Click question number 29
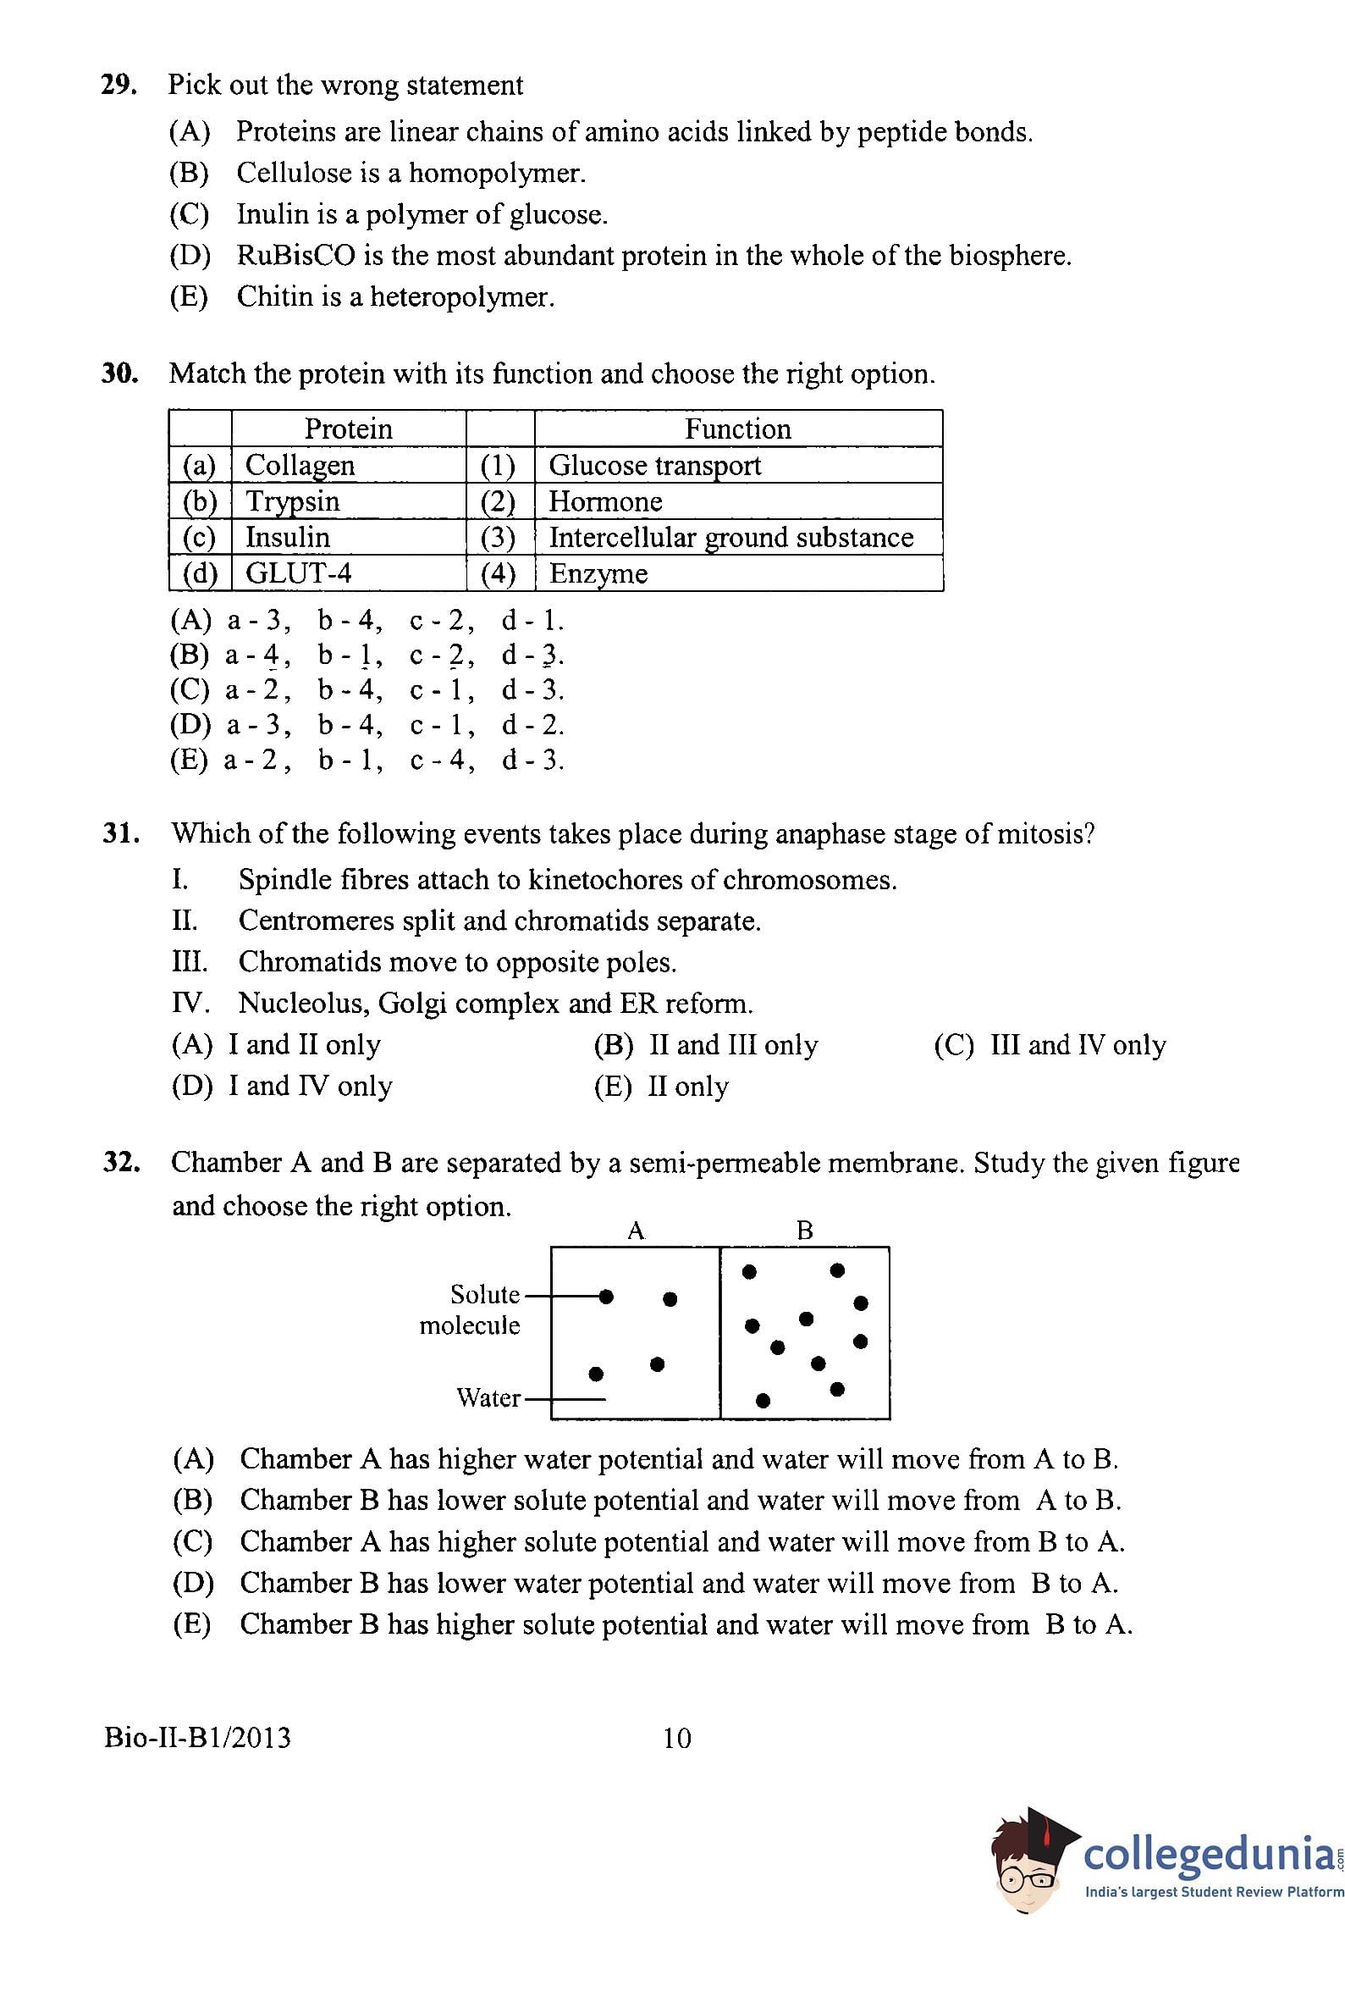[x=119, y=86]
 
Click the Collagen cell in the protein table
[x=300, y=465]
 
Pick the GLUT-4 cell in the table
[x=299, y=573]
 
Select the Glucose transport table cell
[x=654, y=465]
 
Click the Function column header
[x=738, y=429]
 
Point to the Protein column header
[x=348, y=429]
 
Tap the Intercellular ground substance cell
[x=730, y=537]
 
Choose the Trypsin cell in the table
[x=293, y=501]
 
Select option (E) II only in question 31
[x=661, y=1087]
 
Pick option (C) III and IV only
[x=1049, y=1045]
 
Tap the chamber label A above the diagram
[x=636, y=1231]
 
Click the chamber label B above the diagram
[x=805, y=1231]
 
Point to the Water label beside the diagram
[x=488, y=1398]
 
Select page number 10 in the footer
[x=677, y=1739]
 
